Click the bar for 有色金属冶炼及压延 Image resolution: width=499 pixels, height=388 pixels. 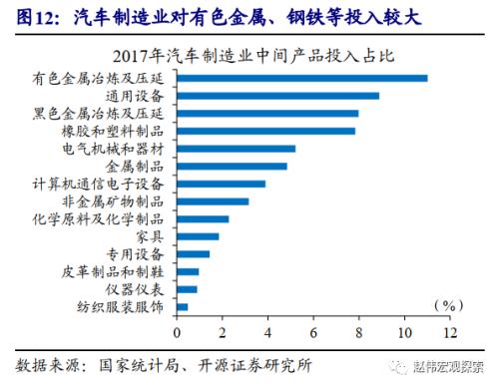coord(302,78)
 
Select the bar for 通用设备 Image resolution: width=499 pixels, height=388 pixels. coord(278,96)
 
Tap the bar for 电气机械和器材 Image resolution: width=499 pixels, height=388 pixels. coord(237,149)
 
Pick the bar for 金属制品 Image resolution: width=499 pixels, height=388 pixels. coord(233,166)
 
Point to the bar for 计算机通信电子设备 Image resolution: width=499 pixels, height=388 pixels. coord(222,184)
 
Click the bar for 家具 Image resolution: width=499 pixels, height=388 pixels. coord(198,236)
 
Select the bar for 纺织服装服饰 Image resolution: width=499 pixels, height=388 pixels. coord(183,306)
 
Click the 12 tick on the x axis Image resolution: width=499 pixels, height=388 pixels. coord(450,331)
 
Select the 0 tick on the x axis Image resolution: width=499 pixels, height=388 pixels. coord(178,331)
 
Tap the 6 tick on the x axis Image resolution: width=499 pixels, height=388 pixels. coord(314,331)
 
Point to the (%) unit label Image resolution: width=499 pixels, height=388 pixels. coord(451,305)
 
